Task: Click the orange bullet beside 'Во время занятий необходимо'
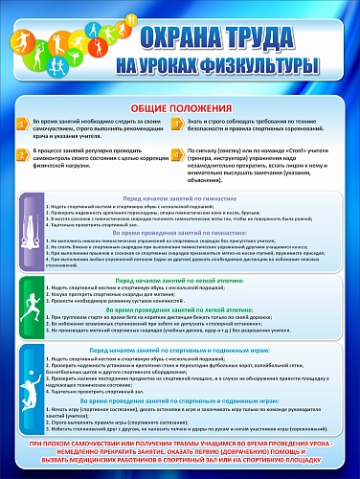(24, 125)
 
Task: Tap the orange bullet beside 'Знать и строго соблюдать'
(177, 125)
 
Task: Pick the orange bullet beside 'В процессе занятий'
(24, 152)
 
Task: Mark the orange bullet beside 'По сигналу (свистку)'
(177, 152)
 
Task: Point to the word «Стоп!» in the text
(286, 150)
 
